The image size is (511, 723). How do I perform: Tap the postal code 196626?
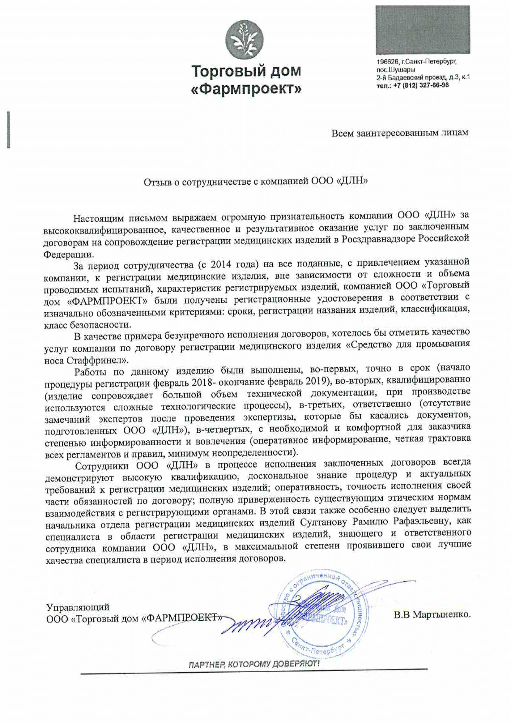coord(386,62)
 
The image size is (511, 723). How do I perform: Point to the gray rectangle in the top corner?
coord(423,30)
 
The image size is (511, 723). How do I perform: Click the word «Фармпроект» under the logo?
coord(246,89)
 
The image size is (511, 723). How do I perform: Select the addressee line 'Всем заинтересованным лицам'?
coord(399,133)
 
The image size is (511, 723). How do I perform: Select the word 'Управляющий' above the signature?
coord(78,607)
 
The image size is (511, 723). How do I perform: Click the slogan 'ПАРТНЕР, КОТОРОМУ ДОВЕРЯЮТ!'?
coord(254,665)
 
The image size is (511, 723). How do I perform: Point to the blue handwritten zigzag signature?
coord(252,625)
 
